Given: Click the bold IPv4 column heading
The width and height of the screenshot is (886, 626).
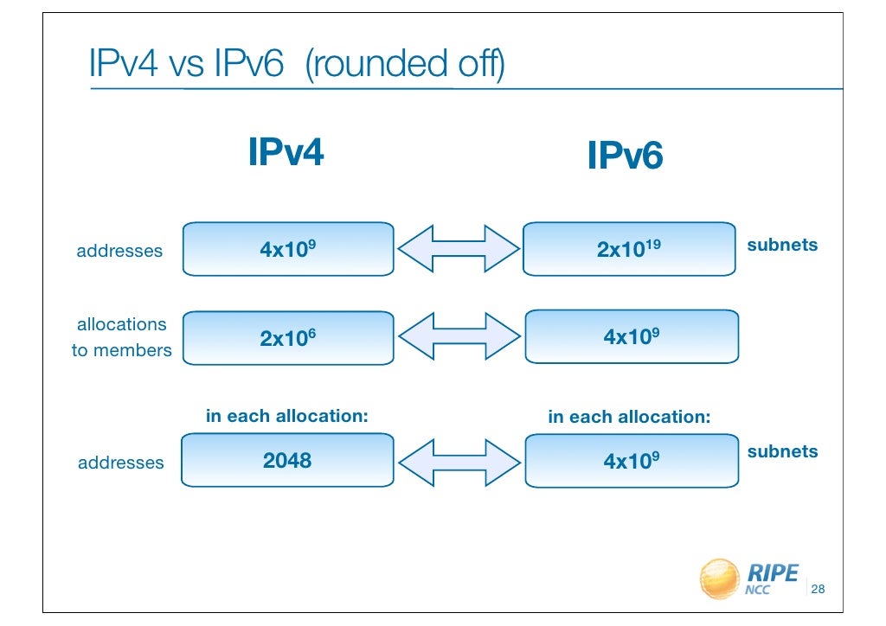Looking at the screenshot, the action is point(286,153).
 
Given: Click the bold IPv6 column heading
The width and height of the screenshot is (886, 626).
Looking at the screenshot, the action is point(625,156).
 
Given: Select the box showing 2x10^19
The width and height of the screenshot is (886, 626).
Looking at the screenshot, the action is point(631,250).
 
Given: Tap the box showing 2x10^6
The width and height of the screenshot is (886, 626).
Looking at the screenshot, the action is point(288,337).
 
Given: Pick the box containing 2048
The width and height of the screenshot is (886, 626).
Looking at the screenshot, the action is point(288,461).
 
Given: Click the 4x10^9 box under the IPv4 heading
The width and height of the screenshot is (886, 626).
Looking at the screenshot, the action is point(288,250).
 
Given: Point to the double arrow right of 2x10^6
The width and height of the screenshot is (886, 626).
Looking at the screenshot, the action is point(459,337).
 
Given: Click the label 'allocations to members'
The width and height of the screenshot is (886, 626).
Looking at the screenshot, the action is point(121,337).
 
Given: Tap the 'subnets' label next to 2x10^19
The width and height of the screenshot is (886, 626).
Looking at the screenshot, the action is point(782,245).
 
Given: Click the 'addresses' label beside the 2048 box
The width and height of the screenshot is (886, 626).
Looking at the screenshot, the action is point(120,463).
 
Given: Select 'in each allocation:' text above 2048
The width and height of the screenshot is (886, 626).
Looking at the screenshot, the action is point(286,416).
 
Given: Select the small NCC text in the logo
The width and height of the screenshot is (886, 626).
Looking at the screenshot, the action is point(757,591).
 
